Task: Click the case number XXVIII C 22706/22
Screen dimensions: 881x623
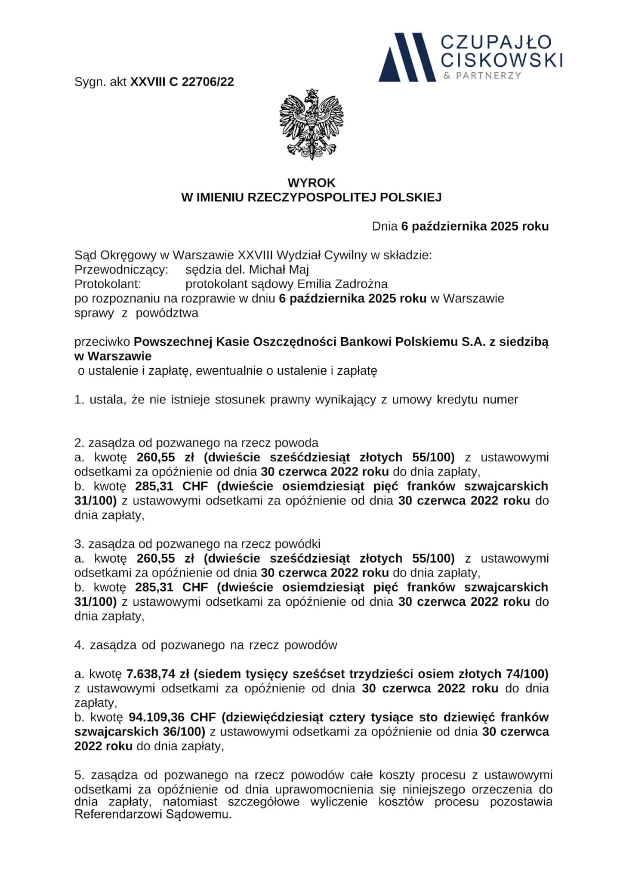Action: click(182, 82)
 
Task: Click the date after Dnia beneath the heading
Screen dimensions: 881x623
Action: click(475, 226)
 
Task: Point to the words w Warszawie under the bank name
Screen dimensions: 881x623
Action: click(113, 356)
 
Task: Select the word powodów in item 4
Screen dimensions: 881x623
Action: click(315, 645)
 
